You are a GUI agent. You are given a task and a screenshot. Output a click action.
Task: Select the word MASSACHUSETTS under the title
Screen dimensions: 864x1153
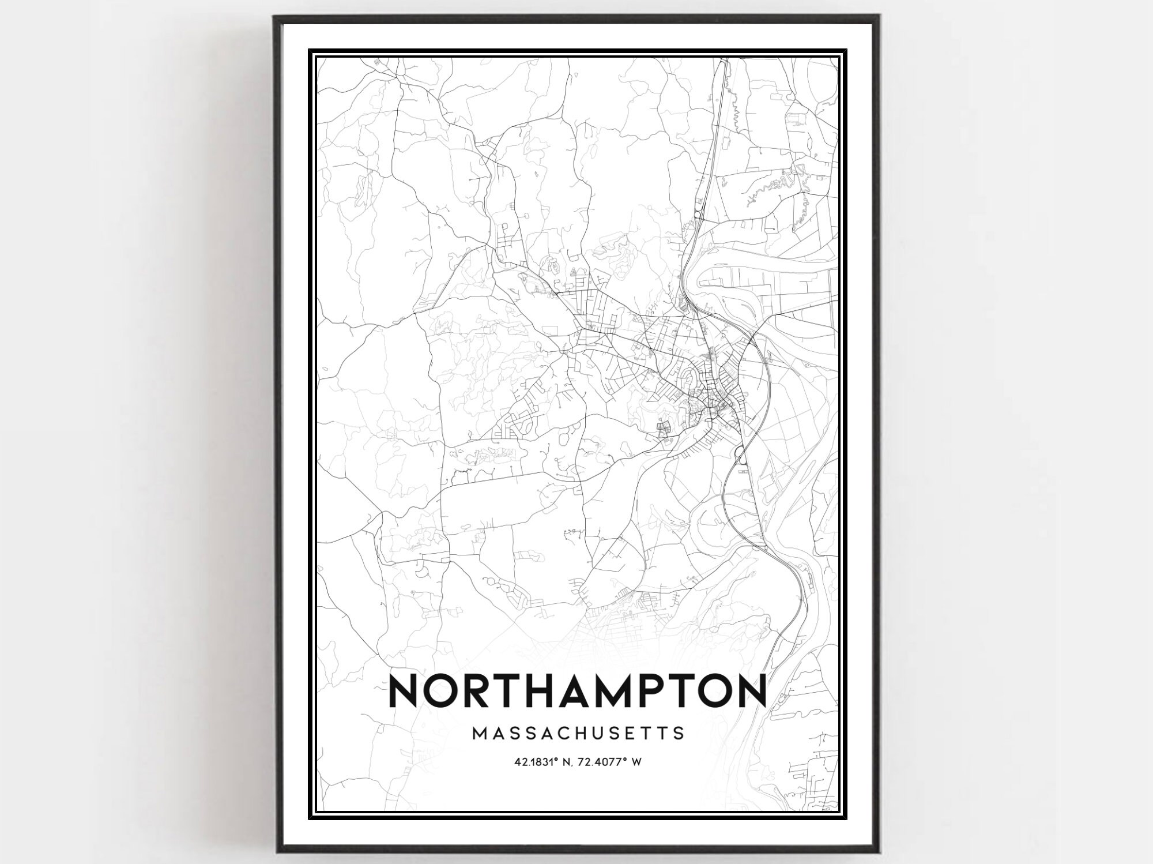(x=578, y=734)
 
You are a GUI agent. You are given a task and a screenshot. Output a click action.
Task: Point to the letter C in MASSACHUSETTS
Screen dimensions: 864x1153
(x=559, y=734)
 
